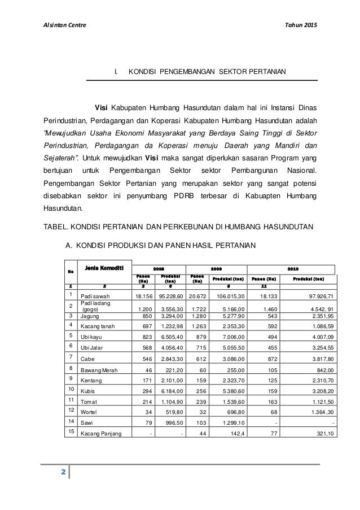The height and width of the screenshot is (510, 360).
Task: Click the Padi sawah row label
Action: (95, 296)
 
